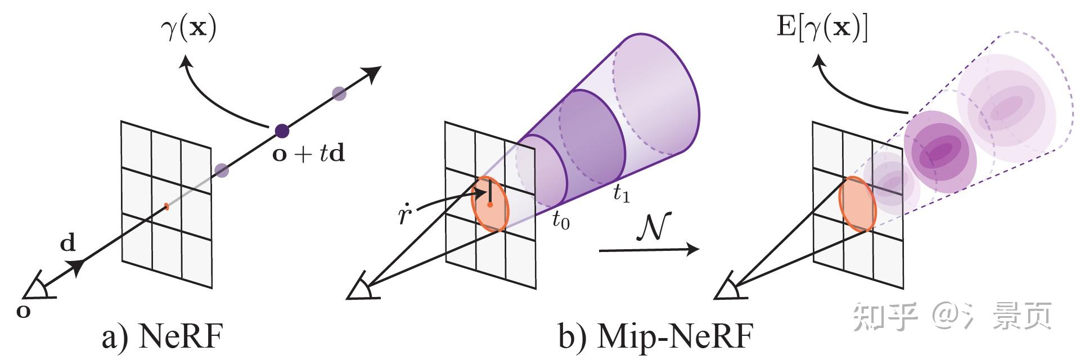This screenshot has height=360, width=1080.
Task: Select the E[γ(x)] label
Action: pos(822,28)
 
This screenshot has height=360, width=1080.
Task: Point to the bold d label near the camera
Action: pos(67,244)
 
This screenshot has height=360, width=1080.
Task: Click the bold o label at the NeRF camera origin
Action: pos(23,310)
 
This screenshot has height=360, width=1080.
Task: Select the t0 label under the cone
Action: pos(560,221)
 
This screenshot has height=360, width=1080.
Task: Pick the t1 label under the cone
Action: pos(621,193)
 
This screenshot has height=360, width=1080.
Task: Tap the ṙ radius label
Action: pos(404,214)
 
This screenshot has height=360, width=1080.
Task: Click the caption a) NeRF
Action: pos(162,337)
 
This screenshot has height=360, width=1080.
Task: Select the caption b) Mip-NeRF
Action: pos(655,337)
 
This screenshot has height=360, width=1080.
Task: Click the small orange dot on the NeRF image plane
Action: pos(166,206)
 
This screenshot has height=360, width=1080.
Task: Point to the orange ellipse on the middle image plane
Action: pos(490,204)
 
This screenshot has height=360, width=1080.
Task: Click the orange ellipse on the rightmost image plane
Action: pos(858,204)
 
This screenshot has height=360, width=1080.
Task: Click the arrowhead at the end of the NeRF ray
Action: pos(373,72)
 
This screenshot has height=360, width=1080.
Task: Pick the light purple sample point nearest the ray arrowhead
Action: pos(339,93)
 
